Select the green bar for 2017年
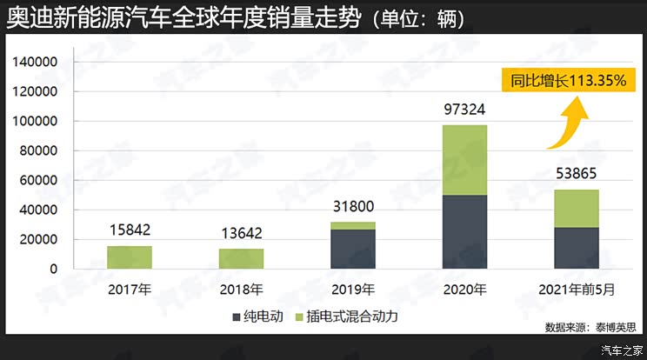click(130, 257)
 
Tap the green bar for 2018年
click(241, 259)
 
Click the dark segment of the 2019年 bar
click(353, 250)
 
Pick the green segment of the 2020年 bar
click(464, 160)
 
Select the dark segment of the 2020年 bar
click(464, 232)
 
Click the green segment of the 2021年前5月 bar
click(577, 209)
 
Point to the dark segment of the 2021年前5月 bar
click(577, 249)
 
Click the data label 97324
click(464, 110)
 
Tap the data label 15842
click(130, 230)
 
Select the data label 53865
click(577, 174)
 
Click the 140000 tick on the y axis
click(35, 63)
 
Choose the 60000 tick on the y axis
click(38, 181)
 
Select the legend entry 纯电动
click(263, 316)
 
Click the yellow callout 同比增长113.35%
click(569, 80)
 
